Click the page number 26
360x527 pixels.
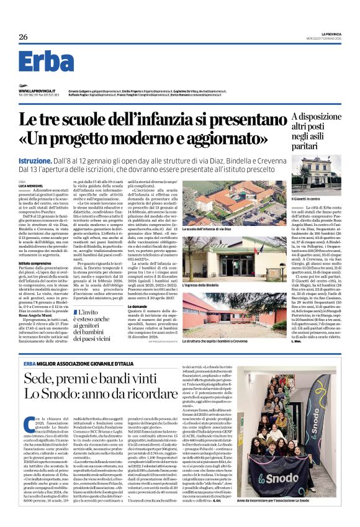pos(23,37)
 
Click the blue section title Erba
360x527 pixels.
pos(46,62)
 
